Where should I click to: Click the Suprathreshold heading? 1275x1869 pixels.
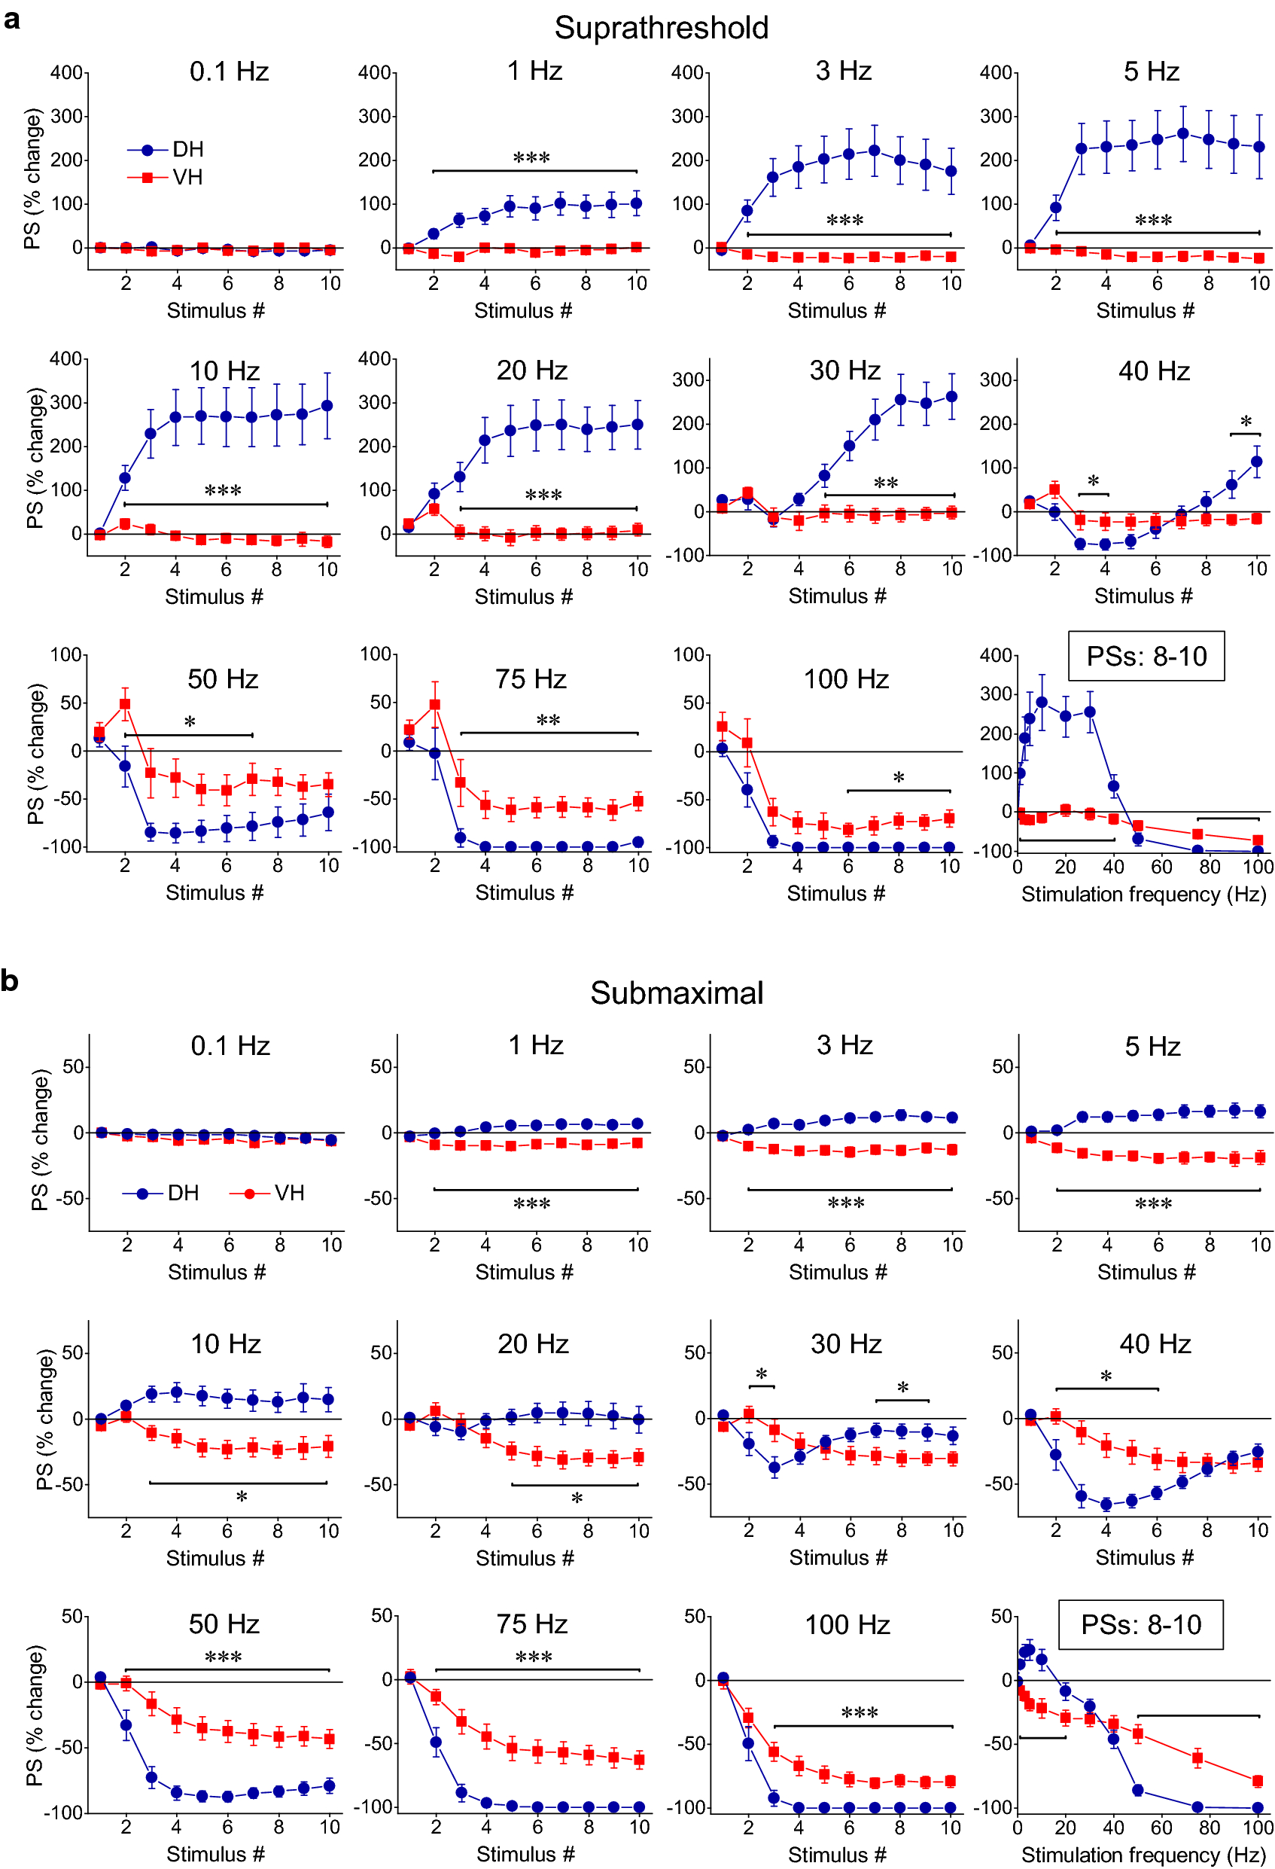click(x=661, y=28)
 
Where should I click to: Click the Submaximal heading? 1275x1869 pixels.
click(x=676, y=993)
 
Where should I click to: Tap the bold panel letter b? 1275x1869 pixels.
click(x=10, y=981)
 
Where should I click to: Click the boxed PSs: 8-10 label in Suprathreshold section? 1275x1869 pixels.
click(x=1146, y=656)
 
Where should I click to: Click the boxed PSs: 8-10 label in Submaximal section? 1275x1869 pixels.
click(x=1140, y=1624)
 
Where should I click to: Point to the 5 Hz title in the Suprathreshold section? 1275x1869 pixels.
click(x=1152, y=72)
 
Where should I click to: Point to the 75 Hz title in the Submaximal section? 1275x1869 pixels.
click(x=531, y=1624)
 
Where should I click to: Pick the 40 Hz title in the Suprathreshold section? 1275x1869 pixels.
click(x=1154, y=370)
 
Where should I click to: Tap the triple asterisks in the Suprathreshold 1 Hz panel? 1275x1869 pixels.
click(x=531, y=158)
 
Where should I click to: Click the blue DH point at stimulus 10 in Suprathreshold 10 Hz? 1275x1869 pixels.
click(x=327, y=405)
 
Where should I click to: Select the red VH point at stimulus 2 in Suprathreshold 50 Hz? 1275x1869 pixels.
click(x=125, y=703)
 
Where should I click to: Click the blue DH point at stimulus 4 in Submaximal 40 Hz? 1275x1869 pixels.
click(x=1106, y=1504)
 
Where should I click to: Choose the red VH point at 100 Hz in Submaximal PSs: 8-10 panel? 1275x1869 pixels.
click(x=1258, y=1781)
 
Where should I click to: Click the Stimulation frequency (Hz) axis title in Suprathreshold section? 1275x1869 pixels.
click(x=1143, y=895)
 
